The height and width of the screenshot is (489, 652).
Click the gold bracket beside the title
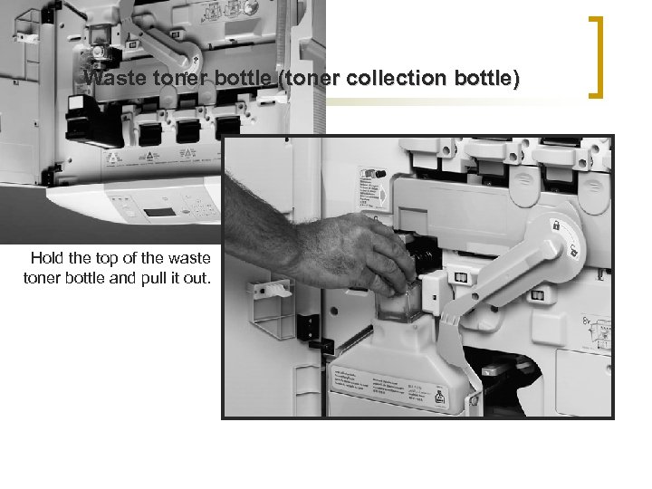tap(598, 56)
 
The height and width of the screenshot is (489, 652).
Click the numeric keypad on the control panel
tap(205, 209)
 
